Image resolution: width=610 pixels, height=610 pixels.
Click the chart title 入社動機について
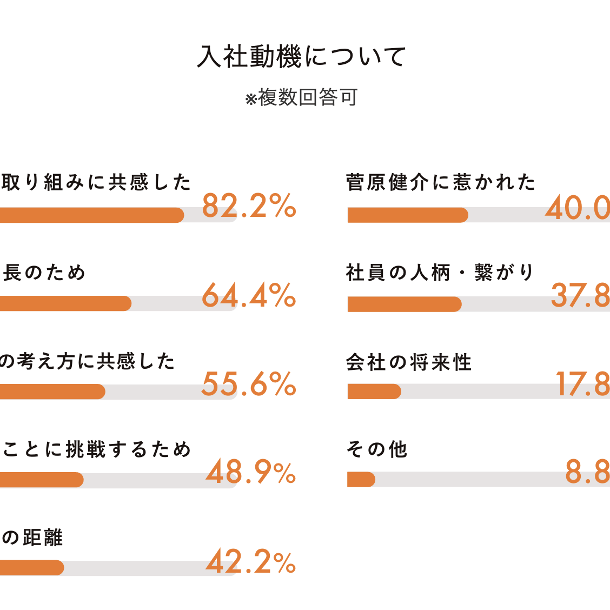[302, 57]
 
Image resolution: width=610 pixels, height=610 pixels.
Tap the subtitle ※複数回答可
[301, 98]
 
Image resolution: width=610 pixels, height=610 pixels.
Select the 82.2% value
[249, 206]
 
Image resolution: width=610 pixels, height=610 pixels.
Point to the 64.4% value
[249, 296]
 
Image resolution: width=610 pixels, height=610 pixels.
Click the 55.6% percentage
[249, 384]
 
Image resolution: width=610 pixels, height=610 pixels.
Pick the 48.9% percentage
[251, 473]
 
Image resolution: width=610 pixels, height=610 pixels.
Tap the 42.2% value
[251, 562]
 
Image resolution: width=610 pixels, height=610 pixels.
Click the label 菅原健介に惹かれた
[441, 182]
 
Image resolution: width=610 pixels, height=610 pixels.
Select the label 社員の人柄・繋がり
[440, 272]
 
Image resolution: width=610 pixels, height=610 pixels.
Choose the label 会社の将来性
[409, 362]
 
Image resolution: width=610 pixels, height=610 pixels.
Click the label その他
[377, 449]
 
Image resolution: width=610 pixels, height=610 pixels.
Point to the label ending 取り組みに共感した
[96, 182]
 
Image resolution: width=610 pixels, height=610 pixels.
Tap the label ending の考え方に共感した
[88, 361]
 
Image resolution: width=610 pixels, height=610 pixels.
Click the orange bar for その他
[361, 480]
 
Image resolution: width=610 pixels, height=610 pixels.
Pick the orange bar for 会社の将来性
[374, 392]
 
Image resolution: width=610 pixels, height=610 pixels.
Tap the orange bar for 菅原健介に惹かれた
[407, 215]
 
